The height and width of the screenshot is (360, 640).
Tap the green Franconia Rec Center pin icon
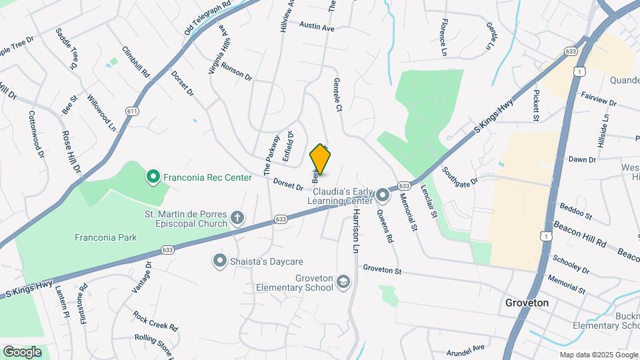[x=153, y=177]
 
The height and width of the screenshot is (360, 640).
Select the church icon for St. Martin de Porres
[x=237, y=218]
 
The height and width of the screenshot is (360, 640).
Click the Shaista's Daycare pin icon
[x=220, y=261]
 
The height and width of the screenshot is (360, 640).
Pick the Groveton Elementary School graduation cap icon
[x=343, y=283]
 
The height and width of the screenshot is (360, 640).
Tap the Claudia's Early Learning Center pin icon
[x=383, y=195]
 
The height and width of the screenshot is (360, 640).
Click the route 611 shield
[x=132, y=111]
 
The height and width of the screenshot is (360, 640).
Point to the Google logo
[x=22, y=351]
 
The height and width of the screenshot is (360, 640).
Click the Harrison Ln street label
[x=356, y=230]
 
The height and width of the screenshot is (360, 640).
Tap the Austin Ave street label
[x=316, y=27]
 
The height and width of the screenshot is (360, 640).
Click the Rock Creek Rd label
[x=155, y=321]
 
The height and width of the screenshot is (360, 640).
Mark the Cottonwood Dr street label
[x=36, y=134]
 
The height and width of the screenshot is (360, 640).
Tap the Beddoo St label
[x=576, y=211]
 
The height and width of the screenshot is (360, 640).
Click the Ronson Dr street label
[x=237, y=72]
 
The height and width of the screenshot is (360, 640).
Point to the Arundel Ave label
[x=465, y=349]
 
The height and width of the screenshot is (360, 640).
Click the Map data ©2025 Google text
[x=599, y=355]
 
